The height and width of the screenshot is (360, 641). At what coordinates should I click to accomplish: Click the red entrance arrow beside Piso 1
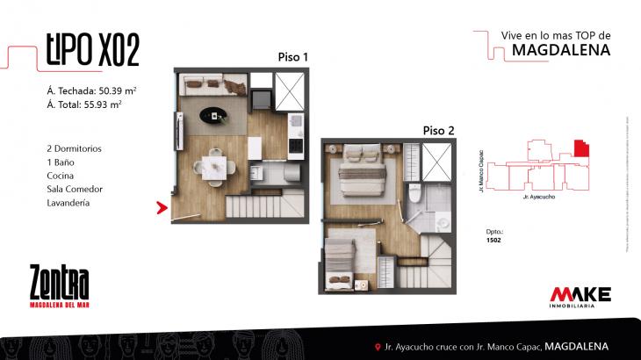click(x=162, y=208)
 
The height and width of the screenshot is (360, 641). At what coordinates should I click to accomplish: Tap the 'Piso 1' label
click(x=292, y=57)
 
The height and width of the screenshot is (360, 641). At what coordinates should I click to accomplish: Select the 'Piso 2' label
click(x=438, y=130)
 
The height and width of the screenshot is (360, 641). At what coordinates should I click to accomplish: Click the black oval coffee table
click(x=213, y=113)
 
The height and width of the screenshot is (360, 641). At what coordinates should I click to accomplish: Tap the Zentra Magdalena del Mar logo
click(x=59, y=286)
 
